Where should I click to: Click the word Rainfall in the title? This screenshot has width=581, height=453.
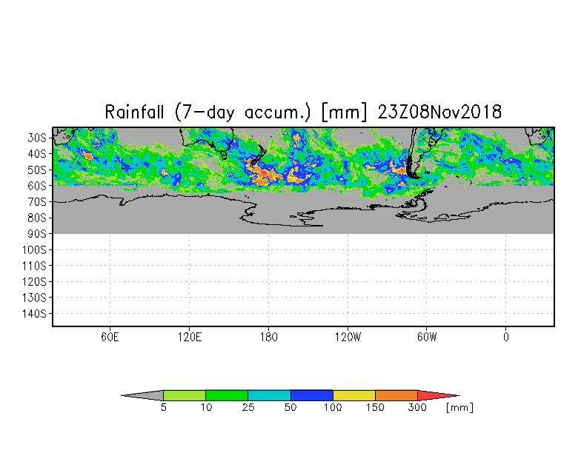[134, 112]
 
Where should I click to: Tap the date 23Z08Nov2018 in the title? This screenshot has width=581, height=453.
[439, 112]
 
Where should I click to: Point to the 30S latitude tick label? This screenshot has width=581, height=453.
[37, 138]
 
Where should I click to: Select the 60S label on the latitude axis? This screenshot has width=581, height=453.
[37, 186]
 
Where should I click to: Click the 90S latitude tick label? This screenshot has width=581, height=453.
[37, 234]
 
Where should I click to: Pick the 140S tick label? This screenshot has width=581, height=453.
[34, 314]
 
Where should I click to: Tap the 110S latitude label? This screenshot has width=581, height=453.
[34, 266]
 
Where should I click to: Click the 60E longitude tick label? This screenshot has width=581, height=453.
[110, 338]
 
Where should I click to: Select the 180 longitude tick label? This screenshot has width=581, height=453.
[268, 338]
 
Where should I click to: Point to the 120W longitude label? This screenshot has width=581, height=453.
[348, 338]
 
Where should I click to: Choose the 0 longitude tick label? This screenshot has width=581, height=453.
[505, 338]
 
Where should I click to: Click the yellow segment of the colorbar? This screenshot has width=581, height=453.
[354, 395]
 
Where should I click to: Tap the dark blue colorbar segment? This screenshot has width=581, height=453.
[311, 395]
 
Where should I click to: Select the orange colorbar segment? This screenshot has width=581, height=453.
[396, 395]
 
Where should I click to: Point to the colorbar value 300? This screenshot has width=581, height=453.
[417, 407]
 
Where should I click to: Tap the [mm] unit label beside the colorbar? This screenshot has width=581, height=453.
[459, 407]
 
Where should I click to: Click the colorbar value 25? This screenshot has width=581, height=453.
[248, 407]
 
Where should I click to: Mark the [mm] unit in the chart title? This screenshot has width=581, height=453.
[344, 112]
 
